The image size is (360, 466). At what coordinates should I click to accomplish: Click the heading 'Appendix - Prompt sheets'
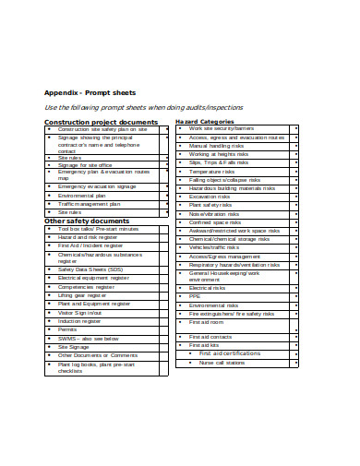(90, 93)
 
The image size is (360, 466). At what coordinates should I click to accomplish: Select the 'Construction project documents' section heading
(102, 122)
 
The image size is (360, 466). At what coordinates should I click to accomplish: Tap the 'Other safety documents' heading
(87, 221)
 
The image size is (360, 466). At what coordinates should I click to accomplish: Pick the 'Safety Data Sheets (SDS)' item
(90, 269)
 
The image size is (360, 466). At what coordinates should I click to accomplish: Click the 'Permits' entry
(67, 329)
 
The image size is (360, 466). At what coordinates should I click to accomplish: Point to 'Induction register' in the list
(80, 321)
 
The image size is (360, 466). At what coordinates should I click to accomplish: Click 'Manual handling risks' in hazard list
(217, 146)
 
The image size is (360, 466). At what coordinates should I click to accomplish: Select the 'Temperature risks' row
(211, 172)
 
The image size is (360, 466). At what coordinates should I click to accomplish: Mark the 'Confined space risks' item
(214, 222)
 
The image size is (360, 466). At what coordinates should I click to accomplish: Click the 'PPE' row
(195, 296)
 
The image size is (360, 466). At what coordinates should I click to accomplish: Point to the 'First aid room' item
(207, 322)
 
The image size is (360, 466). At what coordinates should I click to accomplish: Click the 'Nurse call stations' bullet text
(222, 363)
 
